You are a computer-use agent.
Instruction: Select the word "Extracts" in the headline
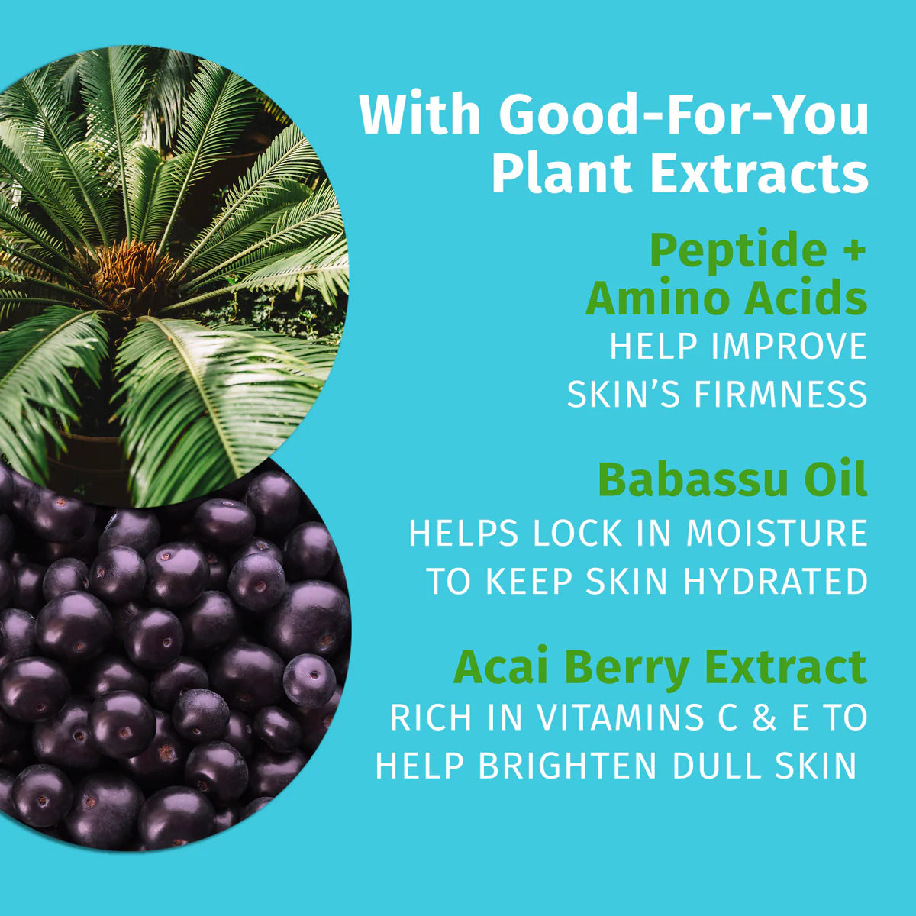pos(759,174)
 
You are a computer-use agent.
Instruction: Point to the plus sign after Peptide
pos(854,252)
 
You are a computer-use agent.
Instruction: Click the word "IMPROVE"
pos(789,347)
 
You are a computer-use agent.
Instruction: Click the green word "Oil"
pos(837,480)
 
